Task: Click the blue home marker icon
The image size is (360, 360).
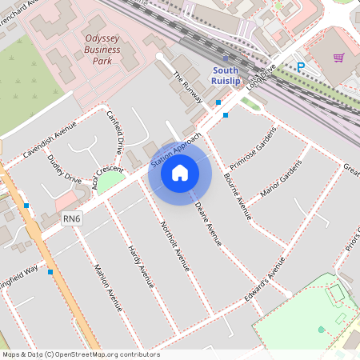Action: tap(180, 172)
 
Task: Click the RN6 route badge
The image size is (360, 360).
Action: tap(72, 218)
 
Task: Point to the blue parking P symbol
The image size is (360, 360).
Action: tap(300, 68)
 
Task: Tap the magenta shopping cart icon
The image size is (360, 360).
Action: tap(338, 58)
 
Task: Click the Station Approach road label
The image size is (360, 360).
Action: tap(176, 152)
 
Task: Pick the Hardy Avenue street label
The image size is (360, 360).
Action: tap(141, 266)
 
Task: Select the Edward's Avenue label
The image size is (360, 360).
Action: tap(266, 277)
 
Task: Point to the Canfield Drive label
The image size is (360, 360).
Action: tap(115, 132)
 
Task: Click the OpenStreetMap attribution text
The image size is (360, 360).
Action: tap(81, 354)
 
